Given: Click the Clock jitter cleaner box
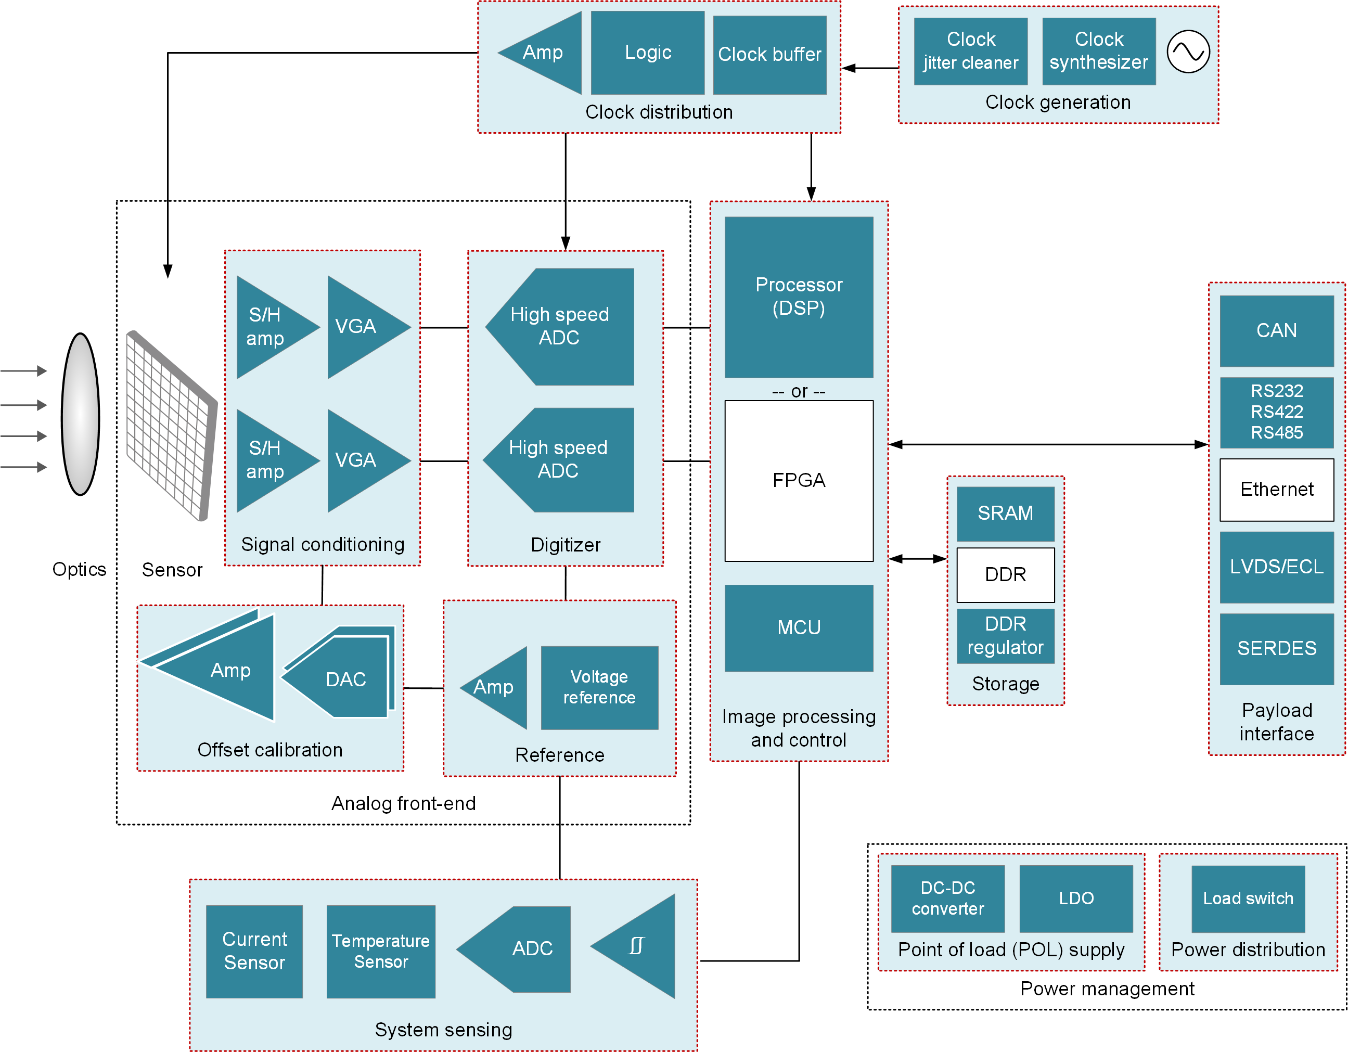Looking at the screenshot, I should click(x=970, y=51).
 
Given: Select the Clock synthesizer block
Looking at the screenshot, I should click(x=1099, y=51).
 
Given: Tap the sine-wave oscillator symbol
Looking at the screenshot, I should click(x=1188, y=52).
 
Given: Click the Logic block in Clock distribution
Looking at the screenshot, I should click(x=647, y=53).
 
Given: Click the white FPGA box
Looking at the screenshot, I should click(x=799, y=480).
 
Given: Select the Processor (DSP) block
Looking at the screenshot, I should click(x=799, y=297).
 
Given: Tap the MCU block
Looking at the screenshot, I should click(x=799, y=628).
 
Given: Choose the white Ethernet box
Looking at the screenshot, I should click(x=1276, y=490).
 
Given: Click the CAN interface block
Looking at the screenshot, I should click(x=1276, y=331).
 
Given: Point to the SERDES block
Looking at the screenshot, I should click(x=1276, y=649).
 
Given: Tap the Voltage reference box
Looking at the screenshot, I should click(x=599, y=687).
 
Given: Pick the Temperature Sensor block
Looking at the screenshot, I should click(x=381, y=952).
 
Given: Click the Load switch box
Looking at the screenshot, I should click(x=1248, y=899).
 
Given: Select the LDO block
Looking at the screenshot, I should click(x=1076, y=899).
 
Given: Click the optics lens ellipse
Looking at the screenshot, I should click(x=81, y=414).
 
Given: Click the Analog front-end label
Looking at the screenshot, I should click(x=404, y=803).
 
